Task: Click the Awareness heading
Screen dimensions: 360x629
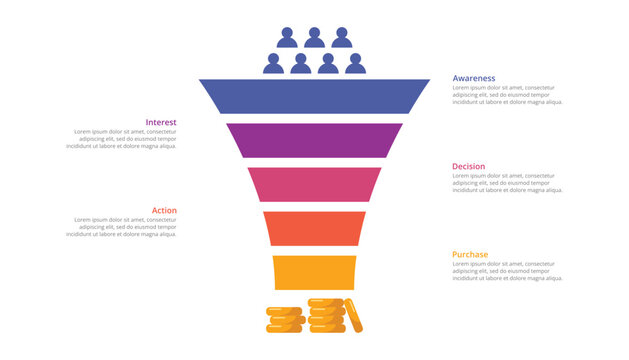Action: pos(473,78)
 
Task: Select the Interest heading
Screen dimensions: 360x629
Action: pos(161,122)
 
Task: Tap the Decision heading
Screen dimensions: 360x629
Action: pos(469,166)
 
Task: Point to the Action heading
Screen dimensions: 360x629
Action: pos(164,210)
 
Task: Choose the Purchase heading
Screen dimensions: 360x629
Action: pos(470,254)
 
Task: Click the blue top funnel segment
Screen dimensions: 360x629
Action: pos(314,96)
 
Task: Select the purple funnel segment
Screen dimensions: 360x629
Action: pos(314,140)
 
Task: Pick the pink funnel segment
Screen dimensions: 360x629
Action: pos(314,184)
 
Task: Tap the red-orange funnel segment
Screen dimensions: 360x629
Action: pos(314,228)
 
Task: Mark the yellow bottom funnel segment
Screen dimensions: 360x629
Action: pos(314,272)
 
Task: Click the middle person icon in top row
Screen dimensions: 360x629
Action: pos(314,38)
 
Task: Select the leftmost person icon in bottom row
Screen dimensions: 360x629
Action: pos(274,64)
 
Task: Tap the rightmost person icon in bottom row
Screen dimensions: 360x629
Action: pos(355,64)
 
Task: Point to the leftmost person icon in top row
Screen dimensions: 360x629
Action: pos(287,38)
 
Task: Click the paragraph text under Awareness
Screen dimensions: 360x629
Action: pos(507,95)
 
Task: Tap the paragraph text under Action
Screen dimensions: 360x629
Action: pos(121,227)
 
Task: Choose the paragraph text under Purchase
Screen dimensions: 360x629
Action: pos(507,271)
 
